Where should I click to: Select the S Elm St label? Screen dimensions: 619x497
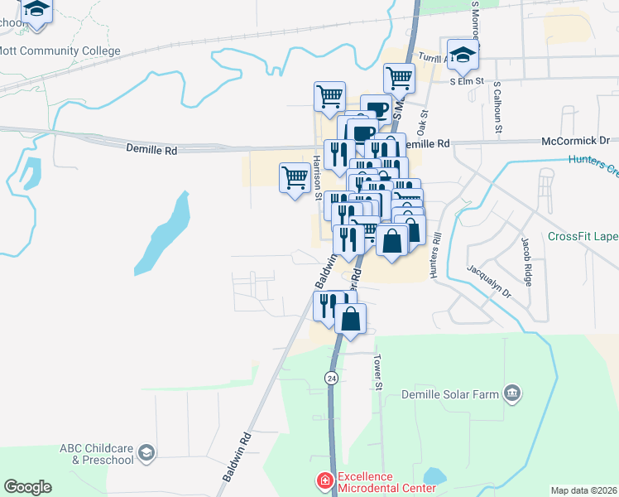pos(466,82)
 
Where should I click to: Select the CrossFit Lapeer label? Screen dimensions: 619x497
pos(583,236)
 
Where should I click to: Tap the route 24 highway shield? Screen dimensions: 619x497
pos(331,378)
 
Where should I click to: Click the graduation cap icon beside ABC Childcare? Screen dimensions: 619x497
pos(146,451)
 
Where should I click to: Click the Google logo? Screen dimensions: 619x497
pos(27,487)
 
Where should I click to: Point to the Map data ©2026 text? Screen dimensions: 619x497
pos(583,490)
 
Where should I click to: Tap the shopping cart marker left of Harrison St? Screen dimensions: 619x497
pos(295,177)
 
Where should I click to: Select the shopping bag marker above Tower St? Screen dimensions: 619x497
pos(351,318)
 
